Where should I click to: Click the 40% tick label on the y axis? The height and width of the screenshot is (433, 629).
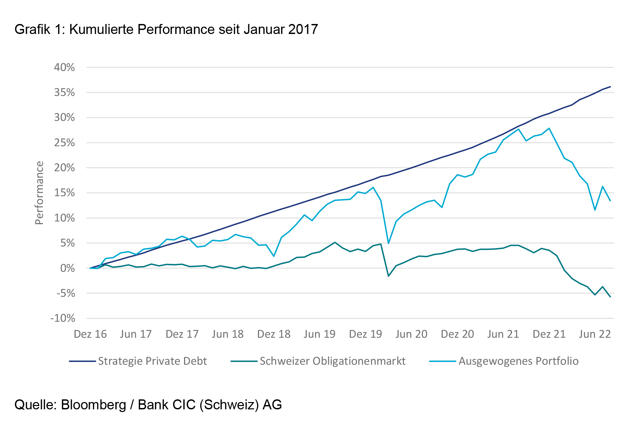point(64,68)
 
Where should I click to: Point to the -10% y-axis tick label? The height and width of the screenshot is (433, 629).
point(63,318)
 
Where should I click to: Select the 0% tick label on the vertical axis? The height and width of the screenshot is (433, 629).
point(68,268)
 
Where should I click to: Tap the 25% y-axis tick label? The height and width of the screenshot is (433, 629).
point(64,143)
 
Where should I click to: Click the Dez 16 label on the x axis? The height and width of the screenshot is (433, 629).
point(90,334)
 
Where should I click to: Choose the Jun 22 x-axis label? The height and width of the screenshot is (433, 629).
point(595,334)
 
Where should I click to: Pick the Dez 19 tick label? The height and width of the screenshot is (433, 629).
point(365,334)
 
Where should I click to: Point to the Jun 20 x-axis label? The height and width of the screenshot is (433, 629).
point(411,334)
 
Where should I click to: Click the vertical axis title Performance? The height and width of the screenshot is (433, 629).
point(39,193)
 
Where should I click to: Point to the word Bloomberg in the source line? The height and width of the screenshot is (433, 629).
point(94,405)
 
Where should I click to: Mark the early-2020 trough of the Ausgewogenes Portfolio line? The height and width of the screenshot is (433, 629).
point(388,243)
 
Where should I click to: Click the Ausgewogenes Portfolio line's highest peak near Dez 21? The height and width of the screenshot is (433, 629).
point(549,128)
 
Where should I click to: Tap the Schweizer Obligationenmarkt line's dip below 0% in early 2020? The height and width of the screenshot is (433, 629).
point(388,276)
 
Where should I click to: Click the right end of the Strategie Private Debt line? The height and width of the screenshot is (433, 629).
point(610,87)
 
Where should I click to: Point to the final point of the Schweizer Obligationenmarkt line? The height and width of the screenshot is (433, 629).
point(610,297)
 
